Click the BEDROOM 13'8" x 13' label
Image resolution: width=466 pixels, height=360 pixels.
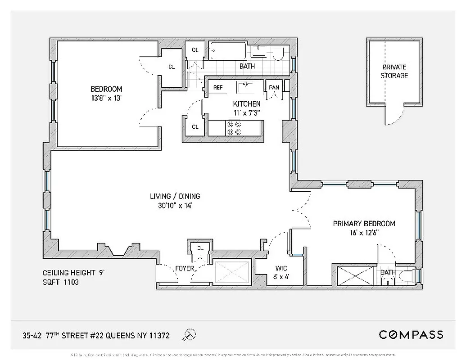(106, 93)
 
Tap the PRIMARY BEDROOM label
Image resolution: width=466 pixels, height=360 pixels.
(364, 228)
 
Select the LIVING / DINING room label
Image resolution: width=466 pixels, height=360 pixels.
(175, 201)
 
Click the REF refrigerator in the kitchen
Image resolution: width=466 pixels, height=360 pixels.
(218, 87)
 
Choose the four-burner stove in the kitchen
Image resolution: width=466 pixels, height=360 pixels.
(234, 128)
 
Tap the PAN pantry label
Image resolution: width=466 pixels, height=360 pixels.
(274, 87)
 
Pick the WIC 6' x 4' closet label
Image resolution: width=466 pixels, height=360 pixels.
(281, 272)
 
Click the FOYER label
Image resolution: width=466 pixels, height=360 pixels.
(185, 269)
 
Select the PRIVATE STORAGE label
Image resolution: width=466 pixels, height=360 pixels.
(394, 71)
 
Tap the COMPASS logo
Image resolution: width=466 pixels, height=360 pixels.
(411, 334)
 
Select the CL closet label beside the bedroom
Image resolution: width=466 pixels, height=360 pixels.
(172, 67)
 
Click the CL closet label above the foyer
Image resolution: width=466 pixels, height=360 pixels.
(200, 248)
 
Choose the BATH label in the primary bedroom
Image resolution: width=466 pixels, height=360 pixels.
(388, 273)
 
